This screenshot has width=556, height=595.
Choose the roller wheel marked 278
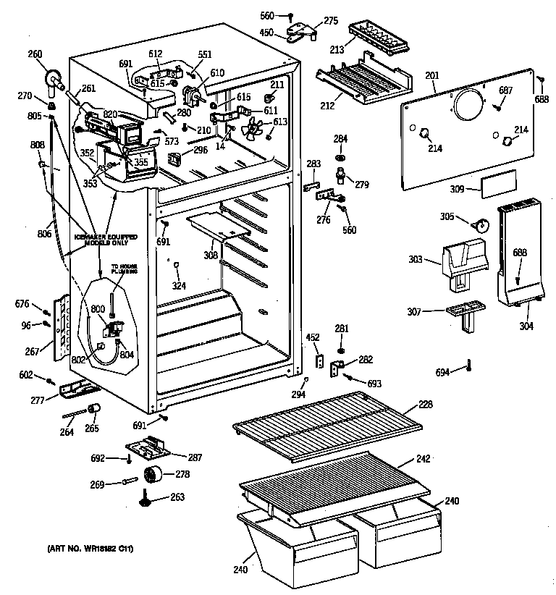151,476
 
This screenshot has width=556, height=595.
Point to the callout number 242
424,459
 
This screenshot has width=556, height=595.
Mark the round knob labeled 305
477,224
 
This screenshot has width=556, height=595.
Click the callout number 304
526,325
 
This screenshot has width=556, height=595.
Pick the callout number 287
195,457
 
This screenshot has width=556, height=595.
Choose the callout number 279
361,185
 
